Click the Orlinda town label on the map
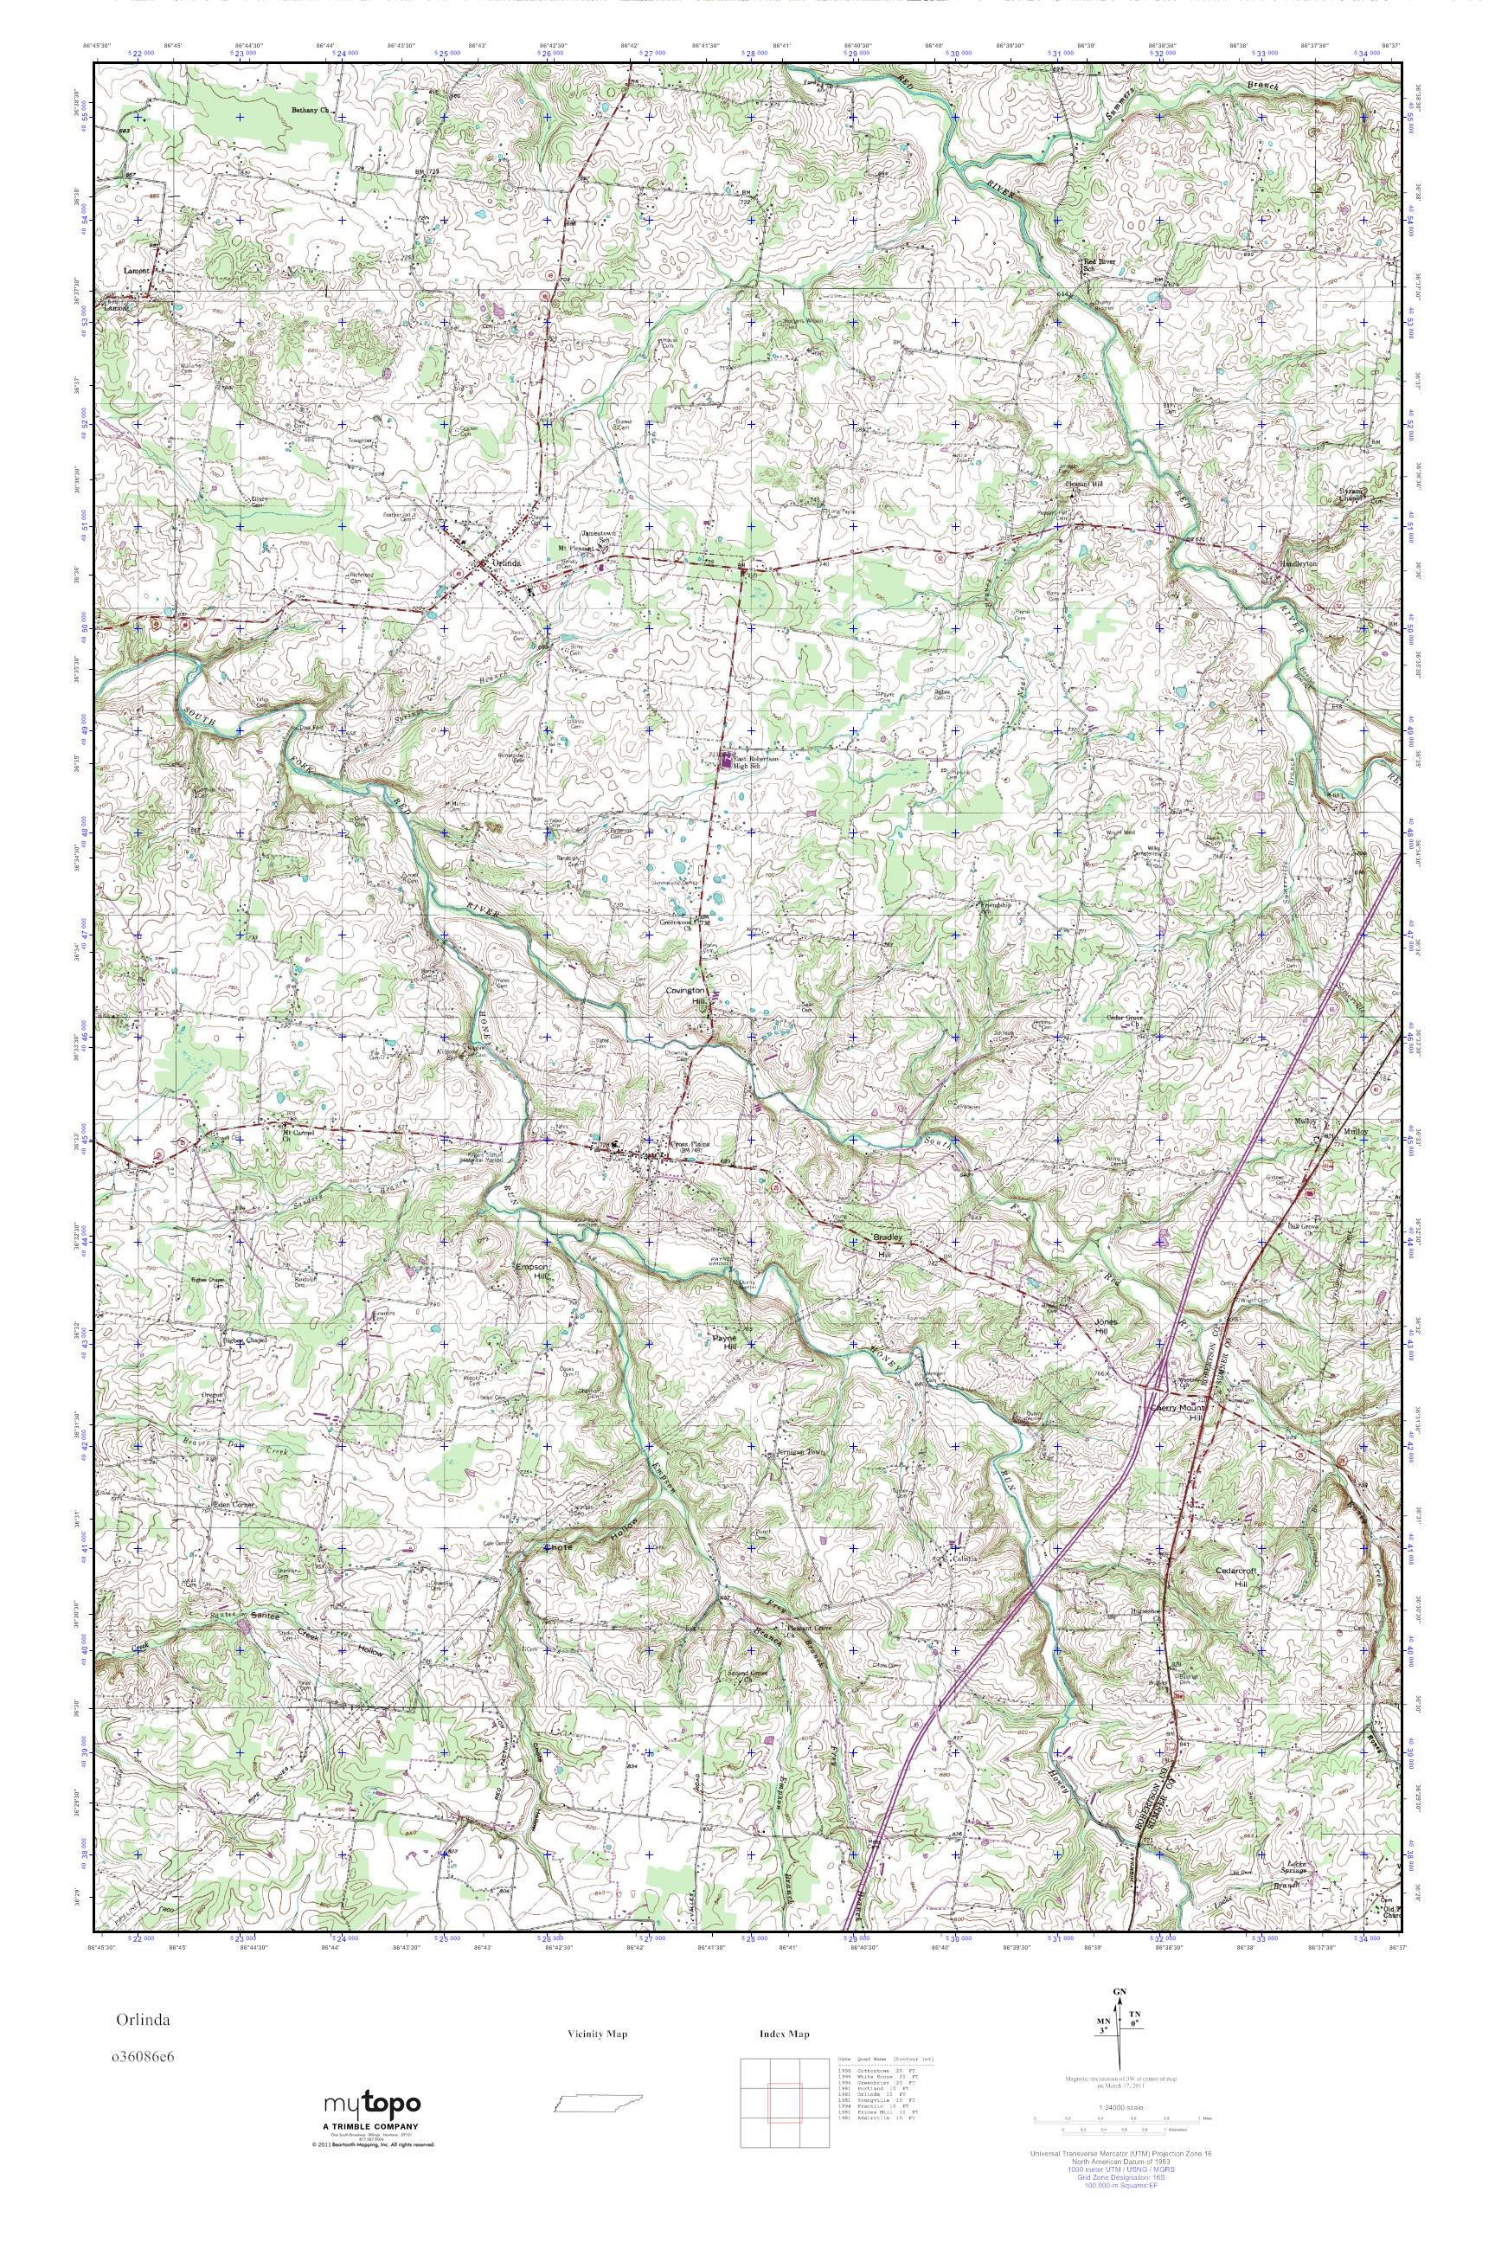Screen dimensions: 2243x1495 [x=507, y=562]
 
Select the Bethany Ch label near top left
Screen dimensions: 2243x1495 [x=310, y=111]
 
